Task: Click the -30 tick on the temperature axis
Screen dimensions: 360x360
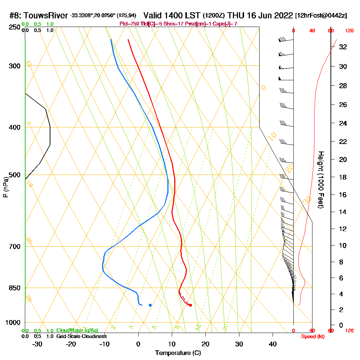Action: click(x=37, y=344)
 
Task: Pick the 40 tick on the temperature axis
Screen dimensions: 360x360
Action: click(x=273, y=344)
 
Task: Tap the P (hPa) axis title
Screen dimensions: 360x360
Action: click(x=5, y=187)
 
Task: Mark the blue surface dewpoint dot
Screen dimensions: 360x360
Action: click(x=150, y=305)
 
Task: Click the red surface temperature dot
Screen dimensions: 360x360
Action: click(x=190, y=305)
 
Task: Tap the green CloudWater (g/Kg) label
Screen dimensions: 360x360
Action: click(x=77, y=330)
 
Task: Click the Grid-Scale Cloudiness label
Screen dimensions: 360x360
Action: click(x=81, y=336)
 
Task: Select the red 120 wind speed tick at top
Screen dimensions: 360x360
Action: click(x=349, y=31)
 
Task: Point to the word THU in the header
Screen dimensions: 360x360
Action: click(x=237, y=15)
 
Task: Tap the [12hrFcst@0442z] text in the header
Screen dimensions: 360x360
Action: click(x=321, y=15)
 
